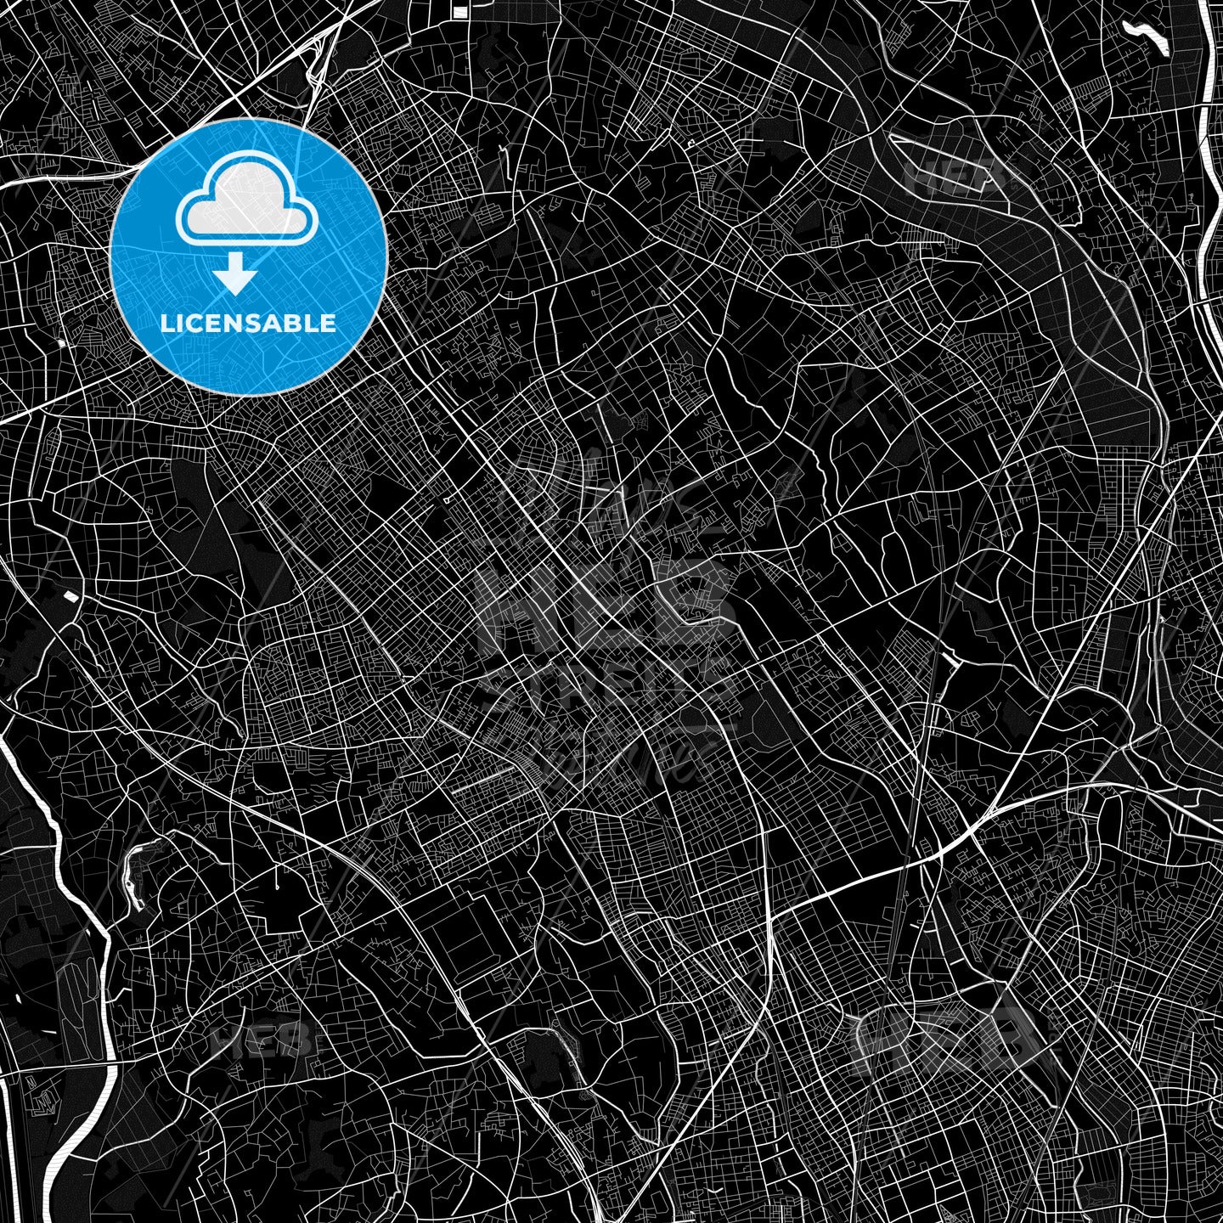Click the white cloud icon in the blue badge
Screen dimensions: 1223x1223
[x=247, y=203]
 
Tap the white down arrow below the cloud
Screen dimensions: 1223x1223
[x=235, y=275]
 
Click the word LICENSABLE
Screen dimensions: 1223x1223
[x=248, y=323]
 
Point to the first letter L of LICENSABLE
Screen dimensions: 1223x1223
[x=166, y=323]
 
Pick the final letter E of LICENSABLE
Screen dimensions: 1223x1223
[x=329, y=323]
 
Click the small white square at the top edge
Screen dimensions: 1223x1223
[x=459, y=11]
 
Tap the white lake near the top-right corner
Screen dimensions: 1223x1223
[x=1147, y=37]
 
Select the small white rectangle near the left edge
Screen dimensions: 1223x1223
[x=70, y=595]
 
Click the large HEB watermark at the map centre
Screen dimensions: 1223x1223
[x=607, y=603]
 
